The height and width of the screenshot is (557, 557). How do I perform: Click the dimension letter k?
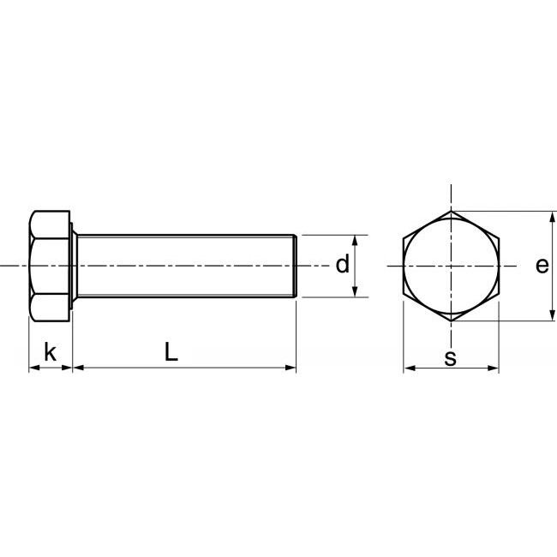tap(50, 351)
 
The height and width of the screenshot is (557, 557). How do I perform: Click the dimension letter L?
tap(172, 351)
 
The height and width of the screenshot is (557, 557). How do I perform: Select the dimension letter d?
tap(342, 266)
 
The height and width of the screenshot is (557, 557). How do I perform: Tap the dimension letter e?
tap(542, 266)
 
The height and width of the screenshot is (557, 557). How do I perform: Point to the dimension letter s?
tap(450, 358)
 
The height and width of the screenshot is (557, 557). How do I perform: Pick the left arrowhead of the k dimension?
tap(33, 368)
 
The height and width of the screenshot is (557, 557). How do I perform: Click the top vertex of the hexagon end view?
tap(451, 211)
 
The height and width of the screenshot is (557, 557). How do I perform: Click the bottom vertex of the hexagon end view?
tap(451, 321)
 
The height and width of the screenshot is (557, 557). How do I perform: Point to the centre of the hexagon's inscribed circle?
tap(451, 267)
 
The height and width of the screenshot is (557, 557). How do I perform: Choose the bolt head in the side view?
tap(50, 267)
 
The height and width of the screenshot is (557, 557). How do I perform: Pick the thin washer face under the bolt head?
tap(74, 267)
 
